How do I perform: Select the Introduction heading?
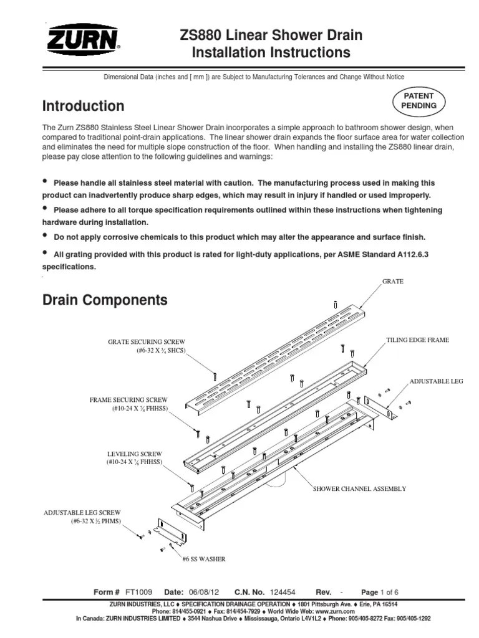[x=83, y=106]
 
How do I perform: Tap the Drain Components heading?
[x=105, y=300]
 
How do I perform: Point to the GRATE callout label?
[x=392, y=282]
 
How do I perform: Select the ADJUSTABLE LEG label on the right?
[x=436, y=380]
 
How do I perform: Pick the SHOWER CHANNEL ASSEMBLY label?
[x=359, y=489]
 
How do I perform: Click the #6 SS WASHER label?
[x=203, y=559]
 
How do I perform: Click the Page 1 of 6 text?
[x=380, y=592]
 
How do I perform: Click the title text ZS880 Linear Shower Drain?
[x=270, y=35]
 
